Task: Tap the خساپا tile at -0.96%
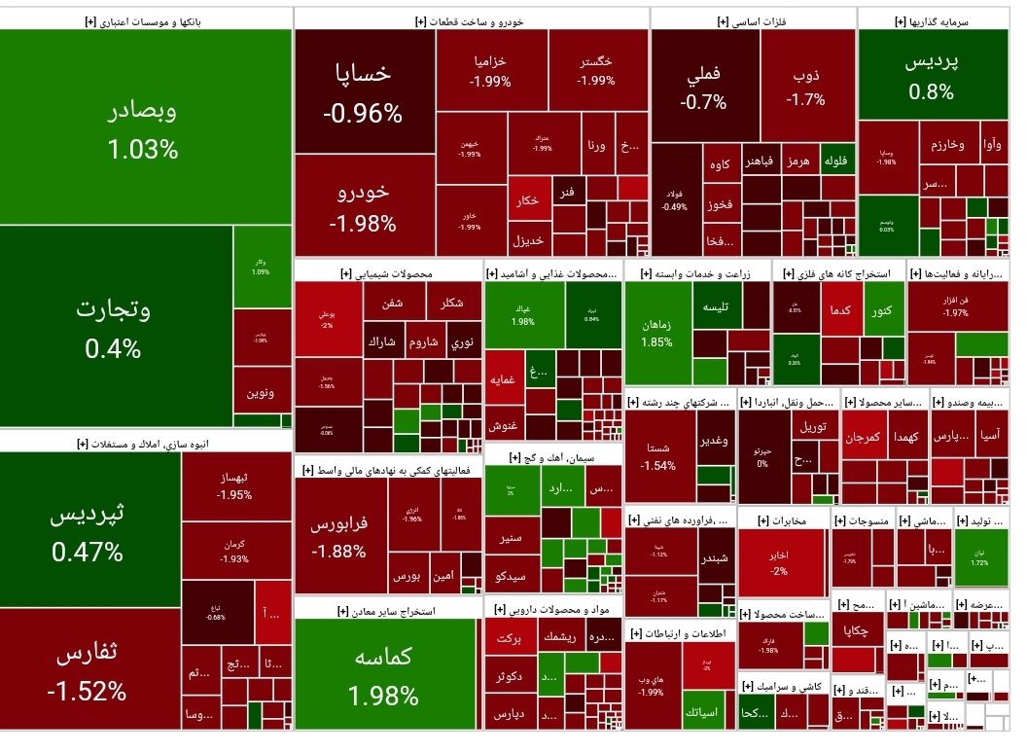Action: (x=364, y=91)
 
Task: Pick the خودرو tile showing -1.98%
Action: (x=364, y=206)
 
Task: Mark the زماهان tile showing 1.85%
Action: (x=656, y=333)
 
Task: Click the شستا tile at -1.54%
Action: (x=658, y=457)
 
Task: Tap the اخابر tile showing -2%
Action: (x=780, y=562)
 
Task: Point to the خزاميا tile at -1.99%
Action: (x=490, y=70)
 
